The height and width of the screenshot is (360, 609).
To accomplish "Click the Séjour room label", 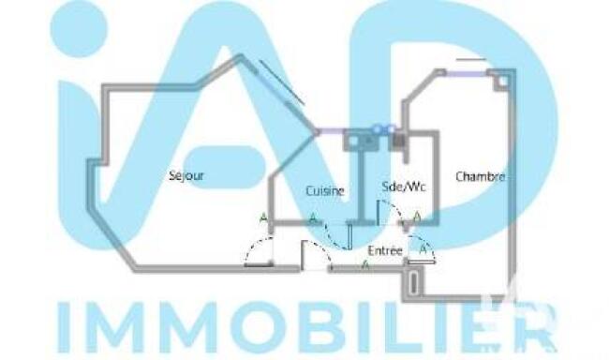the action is (186, 175).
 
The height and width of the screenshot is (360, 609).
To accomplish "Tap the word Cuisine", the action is (325, 191).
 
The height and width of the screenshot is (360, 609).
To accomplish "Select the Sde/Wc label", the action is (404, 187).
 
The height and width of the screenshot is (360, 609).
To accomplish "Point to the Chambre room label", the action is (480, 177).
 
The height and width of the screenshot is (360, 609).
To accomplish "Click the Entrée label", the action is (385, 250).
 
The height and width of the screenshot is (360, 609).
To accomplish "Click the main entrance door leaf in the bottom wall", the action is (303, 255).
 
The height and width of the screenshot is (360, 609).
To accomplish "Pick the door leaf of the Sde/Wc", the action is (378, 212).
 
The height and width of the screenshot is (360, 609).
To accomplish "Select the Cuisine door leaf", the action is (349, 236).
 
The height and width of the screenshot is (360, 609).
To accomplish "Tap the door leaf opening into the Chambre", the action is (422, 262).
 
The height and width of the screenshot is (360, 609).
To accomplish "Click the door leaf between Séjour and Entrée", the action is (259, 265).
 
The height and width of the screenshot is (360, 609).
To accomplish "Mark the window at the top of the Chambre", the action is (467, 73).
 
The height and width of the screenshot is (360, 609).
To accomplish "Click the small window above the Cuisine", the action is (331, 131).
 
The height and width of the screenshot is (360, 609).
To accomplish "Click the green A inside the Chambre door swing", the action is (424, 248).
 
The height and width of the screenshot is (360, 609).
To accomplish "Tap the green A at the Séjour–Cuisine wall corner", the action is (263, 218).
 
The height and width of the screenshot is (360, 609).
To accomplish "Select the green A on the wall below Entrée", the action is (365, 264).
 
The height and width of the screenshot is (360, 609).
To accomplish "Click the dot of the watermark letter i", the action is (80, 28).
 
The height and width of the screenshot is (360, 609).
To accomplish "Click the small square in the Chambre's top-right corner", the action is (502, 82).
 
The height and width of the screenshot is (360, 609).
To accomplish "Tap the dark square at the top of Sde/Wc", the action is (399, 141).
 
